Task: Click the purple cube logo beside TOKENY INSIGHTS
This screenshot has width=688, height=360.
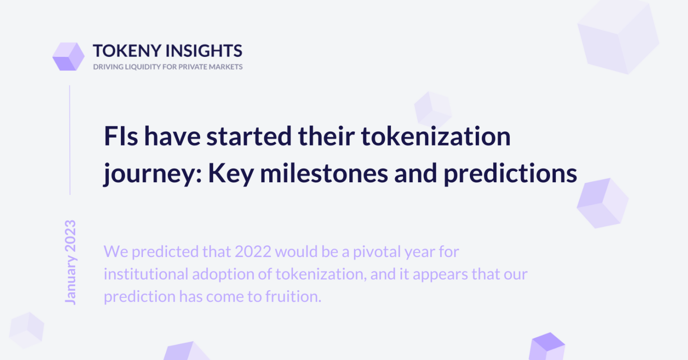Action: [x=69, y=56]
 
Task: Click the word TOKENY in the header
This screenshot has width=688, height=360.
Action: [x=127, y=51]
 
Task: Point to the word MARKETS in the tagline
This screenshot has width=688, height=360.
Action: [x=226, y=67]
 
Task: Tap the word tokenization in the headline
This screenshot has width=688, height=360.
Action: [x=436, y=136]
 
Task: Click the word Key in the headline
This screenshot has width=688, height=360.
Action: [x=231, y=174]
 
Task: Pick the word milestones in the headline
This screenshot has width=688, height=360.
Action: [x=324, y=173]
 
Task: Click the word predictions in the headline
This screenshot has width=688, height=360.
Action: [x=510, y=174]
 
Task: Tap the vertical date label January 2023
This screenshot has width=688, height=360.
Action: [x=70, y=262]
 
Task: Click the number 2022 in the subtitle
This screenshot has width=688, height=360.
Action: [x=253, y=252]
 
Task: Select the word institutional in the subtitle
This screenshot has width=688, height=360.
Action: [x=146, y=274]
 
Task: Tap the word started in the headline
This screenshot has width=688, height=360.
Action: [x=249, y=136]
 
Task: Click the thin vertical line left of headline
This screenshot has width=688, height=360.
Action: [x=70, y=140]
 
